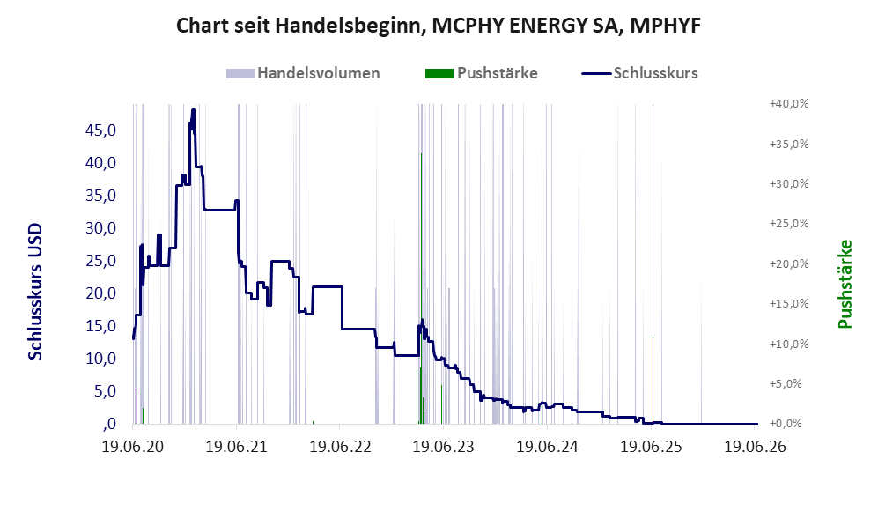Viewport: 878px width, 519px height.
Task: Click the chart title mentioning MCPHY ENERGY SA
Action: click(x=439, y=26)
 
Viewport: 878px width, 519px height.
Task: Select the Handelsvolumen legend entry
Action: click(x=303, y=73)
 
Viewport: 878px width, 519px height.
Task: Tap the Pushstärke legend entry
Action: click(x=482, y=73)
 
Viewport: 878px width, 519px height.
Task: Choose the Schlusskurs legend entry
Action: click(x=640, y=73)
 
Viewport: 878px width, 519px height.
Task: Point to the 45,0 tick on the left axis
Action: click(x=100, y=130)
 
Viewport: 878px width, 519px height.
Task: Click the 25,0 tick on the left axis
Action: click(x=100, y=261)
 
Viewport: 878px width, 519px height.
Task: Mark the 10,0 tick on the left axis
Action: click(x=100, y=358)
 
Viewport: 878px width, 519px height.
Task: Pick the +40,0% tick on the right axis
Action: click(x=790, y=104)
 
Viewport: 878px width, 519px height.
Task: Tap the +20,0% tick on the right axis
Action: click(x=790, y=264)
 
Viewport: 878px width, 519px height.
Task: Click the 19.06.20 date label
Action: click(x=133, y=447)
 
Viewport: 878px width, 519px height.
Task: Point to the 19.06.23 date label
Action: click(x=444, y=447)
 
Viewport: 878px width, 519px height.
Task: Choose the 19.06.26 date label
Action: click(x=756, y=447)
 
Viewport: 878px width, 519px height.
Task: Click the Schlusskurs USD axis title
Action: click(x=35, y=292)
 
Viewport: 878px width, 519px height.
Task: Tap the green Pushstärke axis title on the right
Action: click(x=845, y=284)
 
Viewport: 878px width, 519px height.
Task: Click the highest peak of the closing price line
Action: click(x=193, y=110)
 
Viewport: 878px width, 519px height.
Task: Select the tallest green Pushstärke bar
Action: click(x=421, y=288)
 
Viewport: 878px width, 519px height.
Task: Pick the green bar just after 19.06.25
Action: click(x=653, y=381)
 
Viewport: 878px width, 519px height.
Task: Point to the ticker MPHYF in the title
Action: click(x=665, y=26)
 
